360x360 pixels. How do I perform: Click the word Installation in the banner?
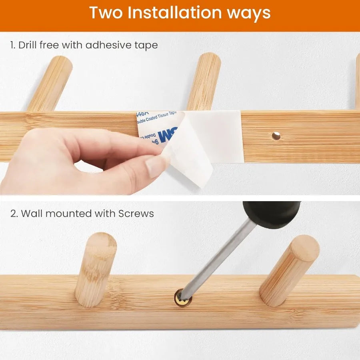coord(174,13)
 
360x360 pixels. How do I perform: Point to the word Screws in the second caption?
coord(136,214)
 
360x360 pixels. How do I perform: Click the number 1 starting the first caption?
coord(12,45)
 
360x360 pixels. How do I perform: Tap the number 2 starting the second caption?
coord(14,214)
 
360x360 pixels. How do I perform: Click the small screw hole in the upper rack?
coord(276,136)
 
